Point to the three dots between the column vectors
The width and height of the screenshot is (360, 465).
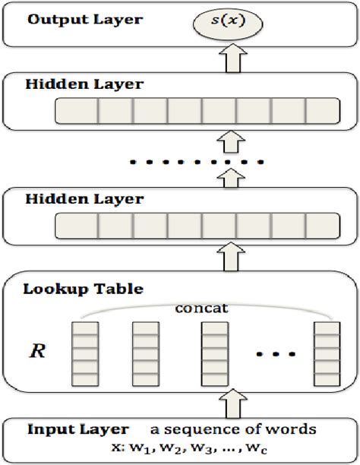pyautogui.click(x=271, y=353)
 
